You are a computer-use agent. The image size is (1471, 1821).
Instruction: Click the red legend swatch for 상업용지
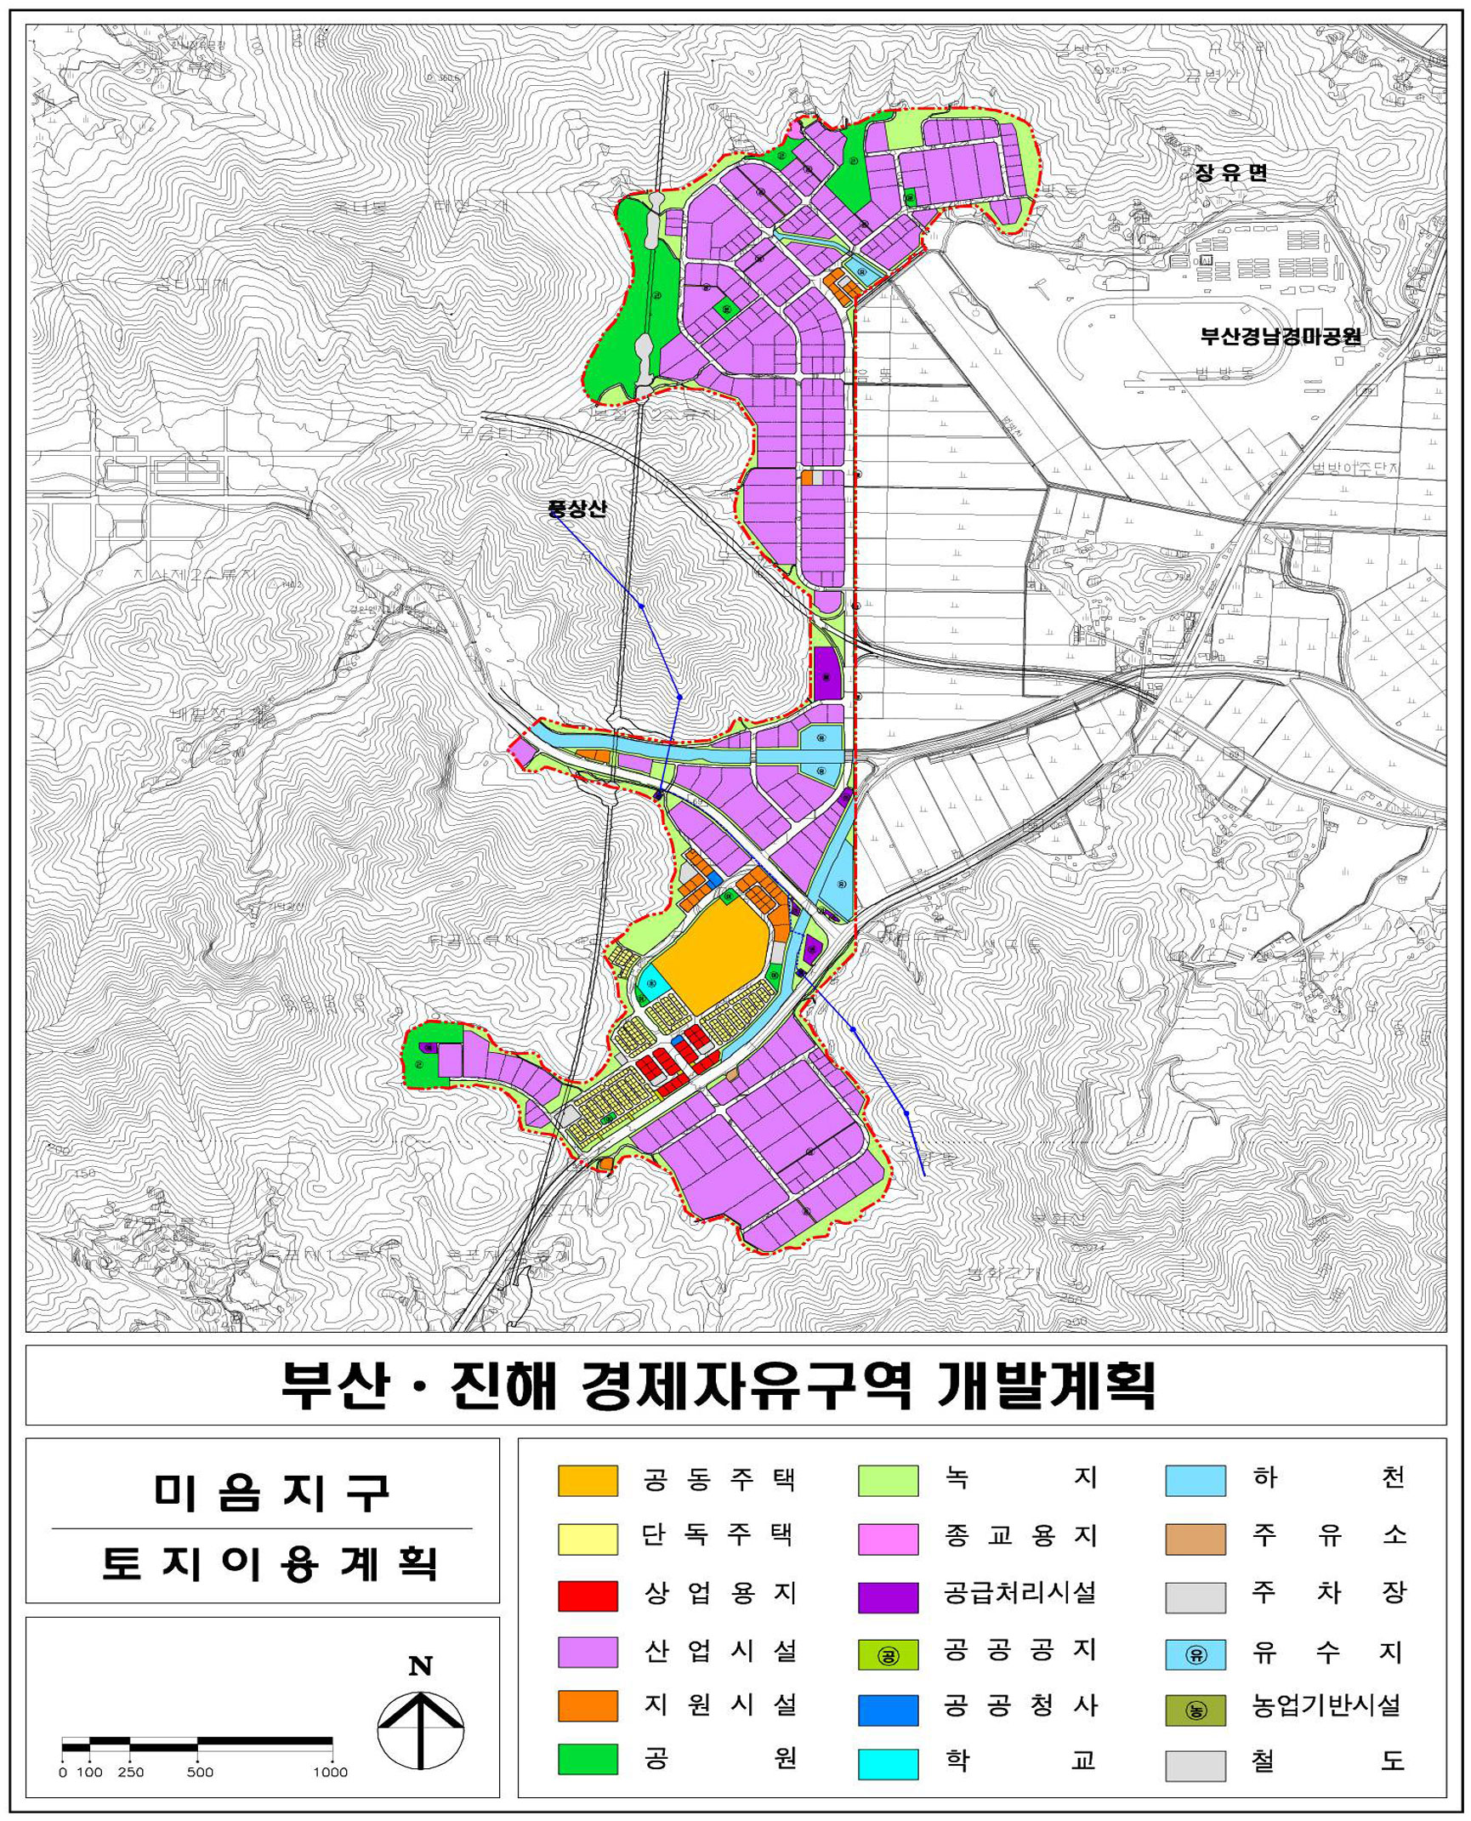(x=587, y=1596)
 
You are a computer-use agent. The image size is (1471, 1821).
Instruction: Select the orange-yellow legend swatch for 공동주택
(x=587, y=1481)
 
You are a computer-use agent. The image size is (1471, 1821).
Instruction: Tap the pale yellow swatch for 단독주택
(x=587, y=1539)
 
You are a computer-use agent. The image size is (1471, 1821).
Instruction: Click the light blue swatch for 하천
(x=1195, y=1481)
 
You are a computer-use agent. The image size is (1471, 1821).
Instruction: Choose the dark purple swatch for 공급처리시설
(x=888, y=1597)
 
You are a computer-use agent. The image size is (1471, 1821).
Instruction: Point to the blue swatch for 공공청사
(x=888, y=1710)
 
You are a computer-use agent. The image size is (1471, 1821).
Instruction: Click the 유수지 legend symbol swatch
(x=1195, y=1654)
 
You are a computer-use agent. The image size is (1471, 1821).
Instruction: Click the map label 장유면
(x=1230, y=174)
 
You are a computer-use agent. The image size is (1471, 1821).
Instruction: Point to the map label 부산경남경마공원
(x=1281, y=336)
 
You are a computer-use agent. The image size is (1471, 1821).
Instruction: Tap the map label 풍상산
(x=577, y=509)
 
